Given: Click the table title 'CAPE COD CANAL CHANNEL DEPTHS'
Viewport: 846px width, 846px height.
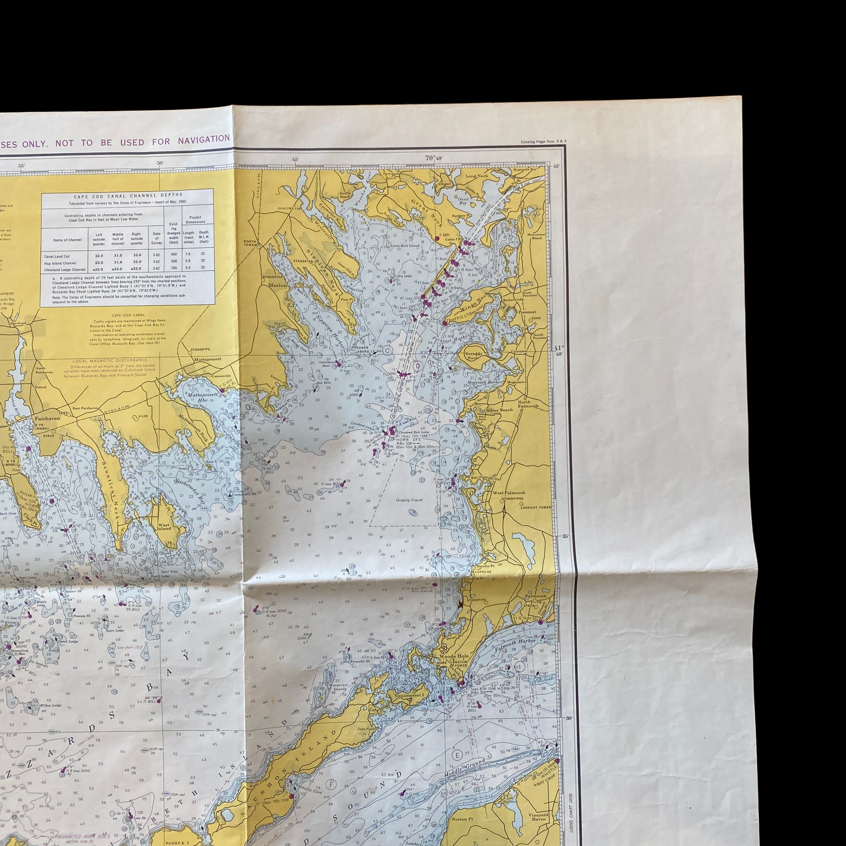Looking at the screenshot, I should click(128, 196).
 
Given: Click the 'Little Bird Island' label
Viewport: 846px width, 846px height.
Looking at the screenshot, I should click(405, 246).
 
